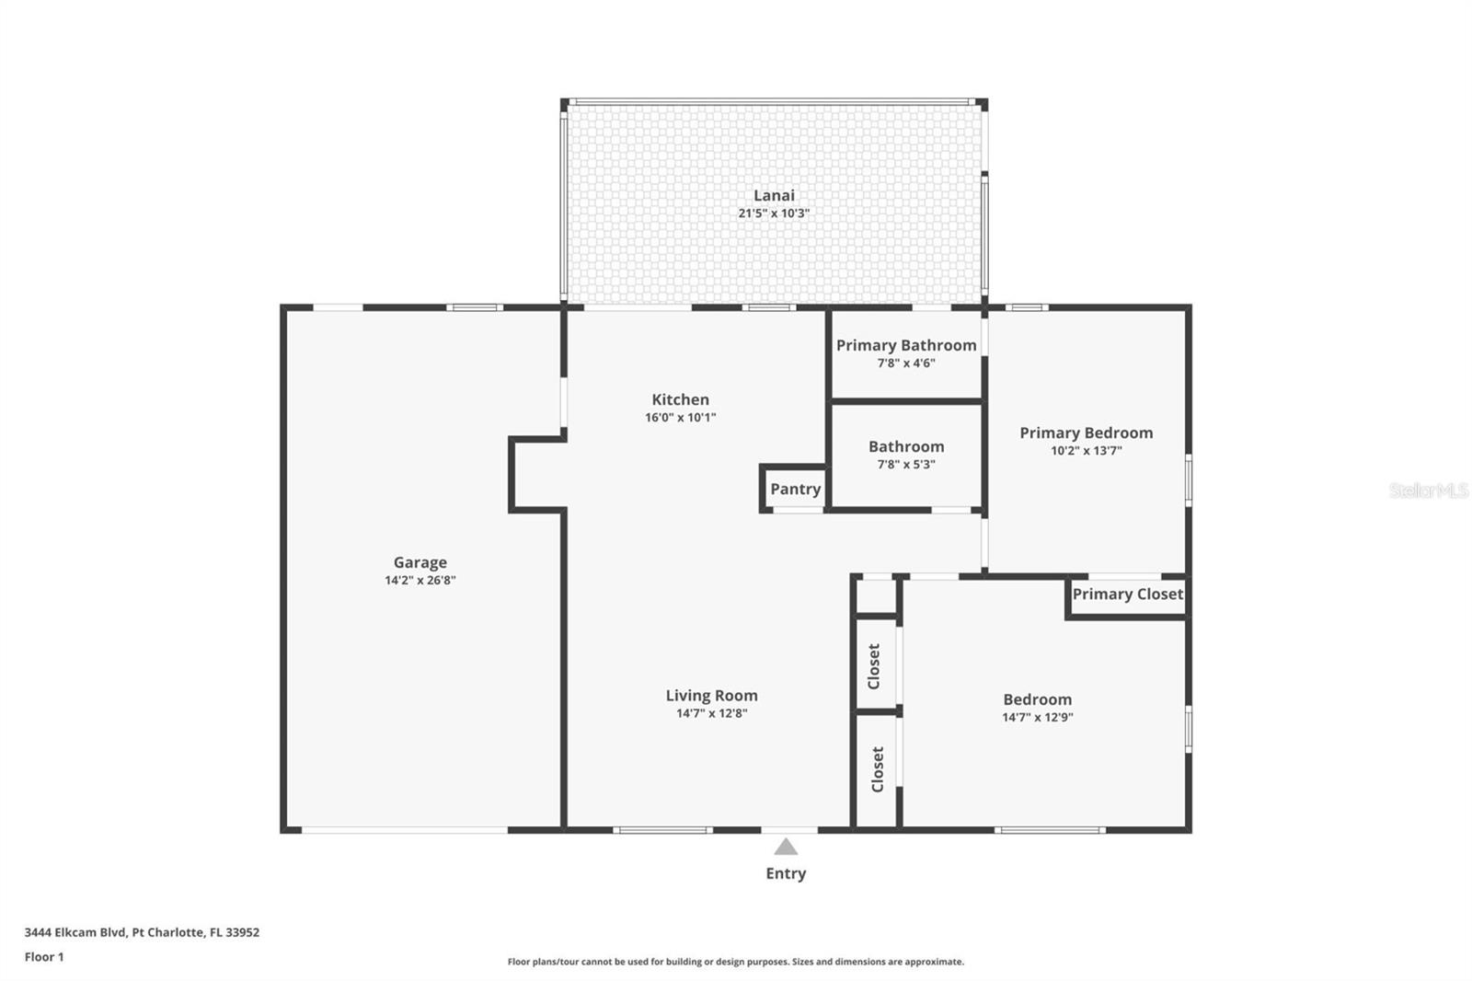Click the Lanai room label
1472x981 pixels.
click(x=774, y=195)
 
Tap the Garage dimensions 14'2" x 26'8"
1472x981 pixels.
click(x=420, y=580)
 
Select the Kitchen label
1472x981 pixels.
click(x=680, y=399)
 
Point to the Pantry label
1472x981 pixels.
click(x=795, y=490)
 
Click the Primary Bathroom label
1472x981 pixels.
click(x=906, y=346)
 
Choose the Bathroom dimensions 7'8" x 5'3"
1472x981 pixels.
click(x=906, y=464)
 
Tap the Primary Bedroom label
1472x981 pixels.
click(x=1087, y=433)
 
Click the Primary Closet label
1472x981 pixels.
click(x=1128, y=594)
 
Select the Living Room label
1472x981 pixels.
click(x=712, y=696)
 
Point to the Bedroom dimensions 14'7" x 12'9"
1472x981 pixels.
click(x=1038, y=717)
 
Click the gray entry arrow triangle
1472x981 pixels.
click(x=786, y=847)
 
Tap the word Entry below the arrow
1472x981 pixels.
click(x=786, y=874)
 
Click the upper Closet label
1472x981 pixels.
click(x=874, y=666)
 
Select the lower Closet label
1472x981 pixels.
click(x=878, y=769)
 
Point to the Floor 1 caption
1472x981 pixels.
click(x=44, y=957)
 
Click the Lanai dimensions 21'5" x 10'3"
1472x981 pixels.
click(x=774, y=213)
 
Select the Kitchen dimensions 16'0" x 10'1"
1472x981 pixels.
click(x=680, y=418)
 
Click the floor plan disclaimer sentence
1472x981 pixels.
click(x=735, y=962)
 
